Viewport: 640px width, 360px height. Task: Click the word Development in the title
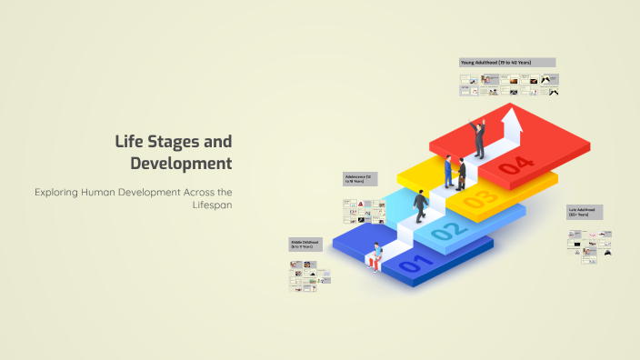click(x=181, y=164)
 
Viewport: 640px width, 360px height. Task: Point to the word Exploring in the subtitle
click(x=62, y=192)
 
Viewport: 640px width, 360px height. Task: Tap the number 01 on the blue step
click(x=412, y=266)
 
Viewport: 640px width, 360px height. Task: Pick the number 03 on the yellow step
click(x=482, y=197)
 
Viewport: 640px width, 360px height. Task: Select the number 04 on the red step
click(x=516, y=164)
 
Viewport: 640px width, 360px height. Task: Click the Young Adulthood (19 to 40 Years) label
click(x=506, y=62)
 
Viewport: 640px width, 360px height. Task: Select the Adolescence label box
click(x=360, y=178)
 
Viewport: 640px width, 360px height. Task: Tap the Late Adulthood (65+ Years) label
click(x=585, y=212)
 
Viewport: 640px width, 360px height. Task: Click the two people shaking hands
click(x=455, y=171)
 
